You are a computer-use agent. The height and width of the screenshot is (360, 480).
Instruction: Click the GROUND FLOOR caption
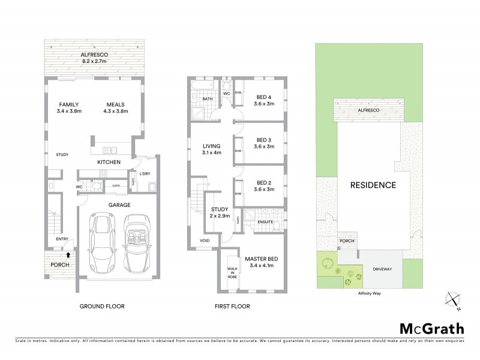pyautogui.click(x=102, y=306)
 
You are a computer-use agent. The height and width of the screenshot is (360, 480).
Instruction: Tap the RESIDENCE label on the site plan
pyautogui.click(x=373, y=185)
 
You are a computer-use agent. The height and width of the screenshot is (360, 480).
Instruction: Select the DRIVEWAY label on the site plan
pyautogui.click(x=382, y=269)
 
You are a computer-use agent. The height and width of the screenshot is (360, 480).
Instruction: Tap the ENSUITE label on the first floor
pyautogui.click(x=265, y=222)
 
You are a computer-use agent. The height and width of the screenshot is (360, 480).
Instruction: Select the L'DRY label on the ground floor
pyautogui.click(x=144, y=173)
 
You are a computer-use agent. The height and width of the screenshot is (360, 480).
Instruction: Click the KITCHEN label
pyautogui.click(x=109, y=162)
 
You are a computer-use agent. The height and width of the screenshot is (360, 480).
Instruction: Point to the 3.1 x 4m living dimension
pyautogui.click(x=212, y=152)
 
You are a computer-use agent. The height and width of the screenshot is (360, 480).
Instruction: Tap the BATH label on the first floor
pyautogui.click(x=208, y=99)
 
